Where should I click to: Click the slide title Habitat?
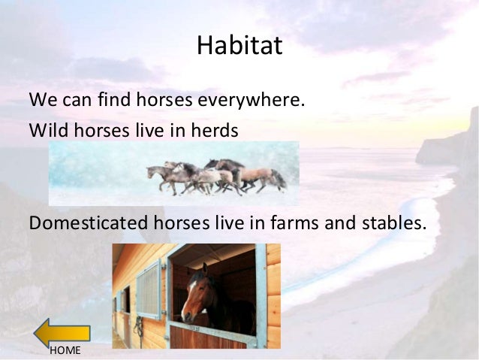[239, 46]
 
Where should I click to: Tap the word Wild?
[46, 130]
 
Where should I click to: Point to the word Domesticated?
[83, 222]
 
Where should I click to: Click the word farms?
[296, 222]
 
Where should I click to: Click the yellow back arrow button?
[62, 333]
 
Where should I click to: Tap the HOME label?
[65, 351]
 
